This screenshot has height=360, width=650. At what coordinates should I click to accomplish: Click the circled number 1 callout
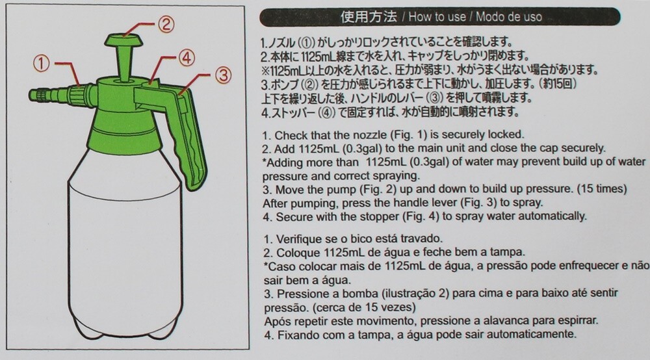pyautogui.click(x=41, y=64)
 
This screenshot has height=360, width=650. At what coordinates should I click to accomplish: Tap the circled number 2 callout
pyautogui.click(x=165, y=25)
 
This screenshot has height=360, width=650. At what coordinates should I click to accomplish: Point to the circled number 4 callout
pyautogui.click(x=187, y=58)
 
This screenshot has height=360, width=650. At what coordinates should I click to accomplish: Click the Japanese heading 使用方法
pyautogui.click(x=368, y=17)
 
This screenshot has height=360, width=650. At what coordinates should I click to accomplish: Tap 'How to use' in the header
pyautogui.click(x=437, y=17)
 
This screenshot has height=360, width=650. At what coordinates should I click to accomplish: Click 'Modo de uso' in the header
pyautogui.click(x=509, y=17)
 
